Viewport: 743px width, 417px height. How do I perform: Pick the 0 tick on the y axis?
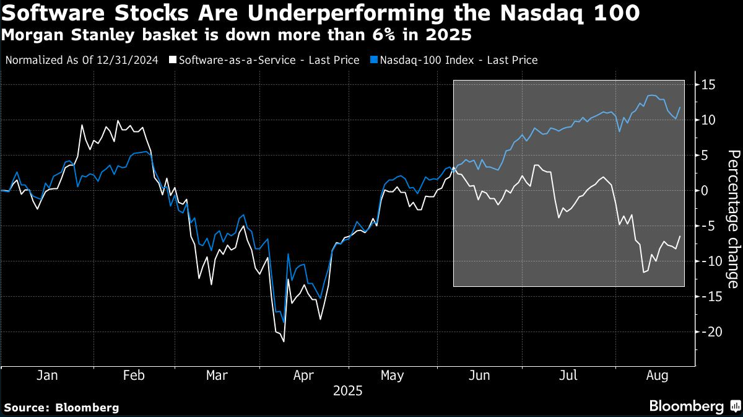point(705,190)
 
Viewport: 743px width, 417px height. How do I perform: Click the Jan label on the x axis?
point(48,375)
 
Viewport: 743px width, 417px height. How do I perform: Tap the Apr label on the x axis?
point(304,375)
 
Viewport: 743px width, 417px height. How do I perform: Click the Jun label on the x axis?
point(480,375)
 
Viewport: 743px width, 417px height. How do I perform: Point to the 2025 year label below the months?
point(347,392)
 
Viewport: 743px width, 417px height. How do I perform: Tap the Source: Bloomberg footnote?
point(61,408)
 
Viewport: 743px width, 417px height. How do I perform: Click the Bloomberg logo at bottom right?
point(693,406)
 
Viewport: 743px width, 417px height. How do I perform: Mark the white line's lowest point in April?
point(284,341)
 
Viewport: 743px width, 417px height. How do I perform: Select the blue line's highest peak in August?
point(650,95)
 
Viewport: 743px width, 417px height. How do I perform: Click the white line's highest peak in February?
point(118,121)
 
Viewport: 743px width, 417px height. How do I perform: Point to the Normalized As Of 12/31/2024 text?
point(82,60)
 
